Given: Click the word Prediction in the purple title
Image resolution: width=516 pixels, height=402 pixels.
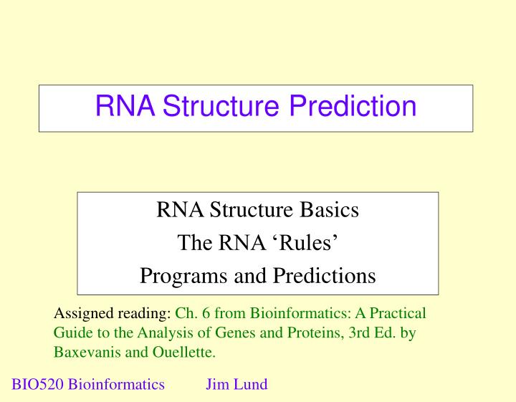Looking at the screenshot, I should tap(353, 107).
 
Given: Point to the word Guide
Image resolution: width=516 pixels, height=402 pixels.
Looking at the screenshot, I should tap(72, 332).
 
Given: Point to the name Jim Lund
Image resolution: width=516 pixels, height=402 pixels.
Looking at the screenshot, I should tap(236, 384).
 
